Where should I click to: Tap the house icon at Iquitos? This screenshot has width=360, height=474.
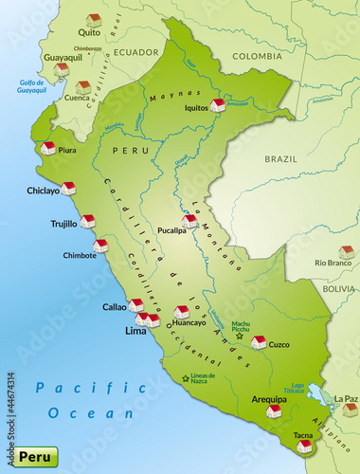[218, 104]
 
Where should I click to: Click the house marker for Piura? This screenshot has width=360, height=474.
[48, 148]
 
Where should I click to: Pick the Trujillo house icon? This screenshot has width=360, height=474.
[88, 221]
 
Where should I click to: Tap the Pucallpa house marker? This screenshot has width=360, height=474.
[190, 221]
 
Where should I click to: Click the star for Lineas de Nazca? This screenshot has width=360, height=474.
[185, 379]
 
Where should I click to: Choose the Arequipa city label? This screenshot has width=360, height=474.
[268, 400]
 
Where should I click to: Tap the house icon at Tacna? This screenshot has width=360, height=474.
[304, 446]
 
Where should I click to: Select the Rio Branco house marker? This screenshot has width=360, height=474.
[347, 252]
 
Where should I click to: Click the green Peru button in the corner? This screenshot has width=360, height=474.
[30, 456]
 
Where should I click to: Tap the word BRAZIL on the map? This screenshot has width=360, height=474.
[280, 160]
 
